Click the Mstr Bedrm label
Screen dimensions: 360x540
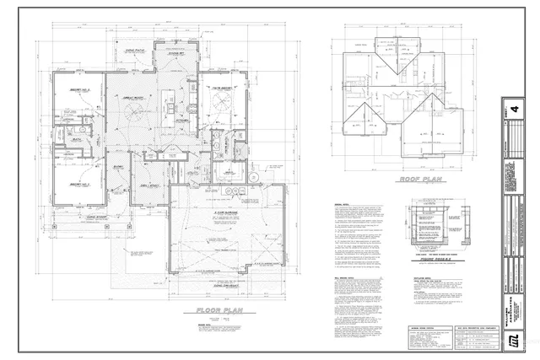pos(223,89)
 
